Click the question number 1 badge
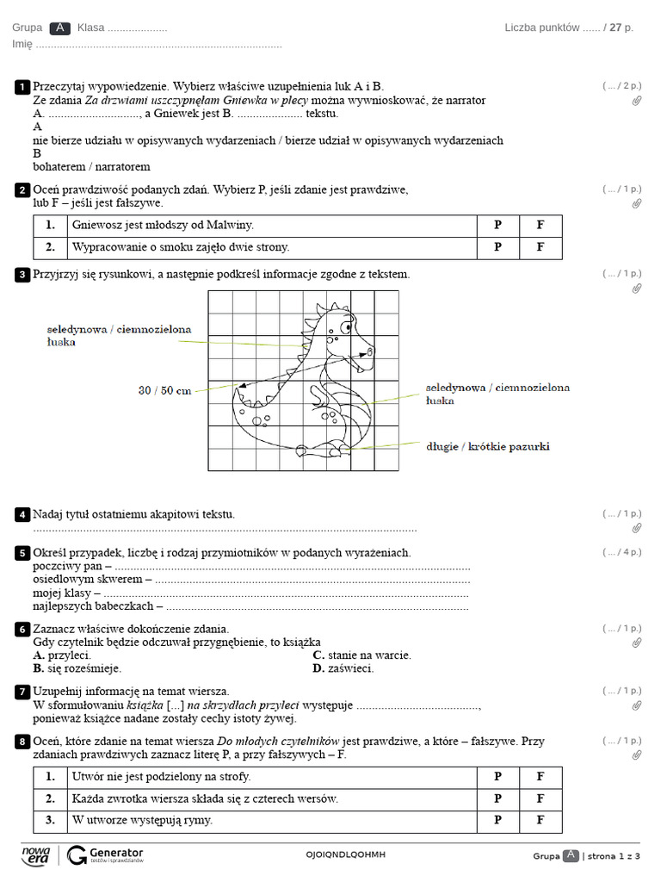pos(22,87)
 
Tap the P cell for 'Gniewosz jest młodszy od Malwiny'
pos(497,226)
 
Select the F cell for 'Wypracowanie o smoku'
pos(541,247)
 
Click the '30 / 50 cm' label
pos(165,390)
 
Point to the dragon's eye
pos(346,326)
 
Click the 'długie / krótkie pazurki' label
pos(487,446)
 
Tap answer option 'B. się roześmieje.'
pos(77,668)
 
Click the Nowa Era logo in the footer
pos(35,854)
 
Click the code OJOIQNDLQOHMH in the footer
pos(345,854)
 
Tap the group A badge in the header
pos(59,28)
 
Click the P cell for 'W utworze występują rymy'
pos(497,821)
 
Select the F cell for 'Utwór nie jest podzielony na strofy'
pos(541,777)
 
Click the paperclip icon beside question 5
pos(637,567)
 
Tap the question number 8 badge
pos(22,742)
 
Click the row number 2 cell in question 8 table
pos(50,799)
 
